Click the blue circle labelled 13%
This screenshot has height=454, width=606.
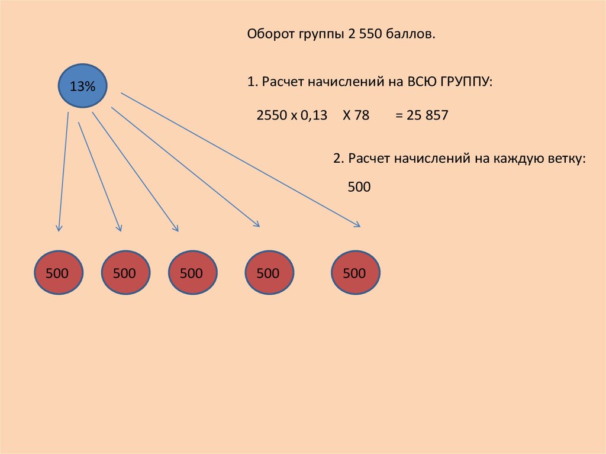coord(82,85)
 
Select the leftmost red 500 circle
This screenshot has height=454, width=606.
coord(59,272)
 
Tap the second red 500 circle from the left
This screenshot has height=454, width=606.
coord(125,272)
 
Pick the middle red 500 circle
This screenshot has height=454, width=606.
coord(193,272)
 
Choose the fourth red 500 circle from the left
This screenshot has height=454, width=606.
coord(269,272)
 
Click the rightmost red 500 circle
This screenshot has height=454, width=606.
coord(356,272)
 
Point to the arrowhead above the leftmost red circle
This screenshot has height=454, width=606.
coord(59,227)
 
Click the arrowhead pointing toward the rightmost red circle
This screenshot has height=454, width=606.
coord(356,224)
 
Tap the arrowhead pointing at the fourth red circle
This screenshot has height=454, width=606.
coord(256,223)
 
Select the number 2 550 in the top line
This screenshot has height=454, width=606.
coord(365,34)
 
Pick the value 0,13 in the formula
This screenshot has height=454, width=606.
coord(314,115)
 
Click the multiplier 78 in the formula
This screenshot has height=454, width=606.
coord(362,115)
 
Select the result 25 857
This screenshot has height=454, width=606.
coord(427,115)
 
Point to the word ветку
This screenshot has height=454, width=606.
coord(566,159)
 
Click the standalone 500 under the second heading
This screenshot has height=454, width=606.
coord(359,187)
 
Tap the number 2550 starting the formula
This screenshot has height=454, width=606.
coord(272,115)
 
